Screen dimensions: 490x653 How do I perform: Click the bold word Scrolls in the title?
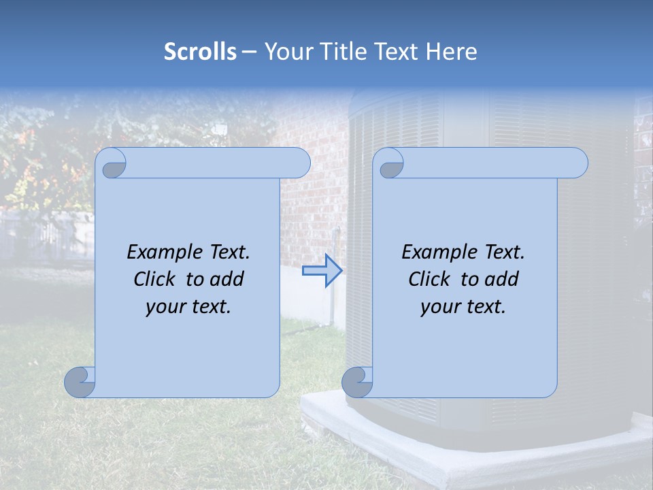(200, 51)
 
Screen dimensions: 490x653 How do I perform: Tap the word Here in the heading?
(451, 51)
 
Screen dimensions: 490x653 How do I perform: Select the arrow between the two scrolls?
(322, 271)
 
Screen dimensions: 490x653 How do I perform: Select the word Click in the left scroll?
(154, 279)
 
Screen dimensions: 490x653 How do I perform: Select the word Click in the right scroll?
(429, 279)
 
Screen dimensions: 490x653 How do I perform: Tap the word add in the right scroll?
(502, 279)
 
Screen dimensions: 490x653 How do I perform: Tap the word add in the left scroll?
(227, 279)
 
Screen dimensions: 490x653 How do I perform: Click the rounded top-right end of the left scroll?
(299, 163)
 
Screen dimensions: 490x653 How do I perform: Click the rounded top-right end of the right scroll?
(577, 163)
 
